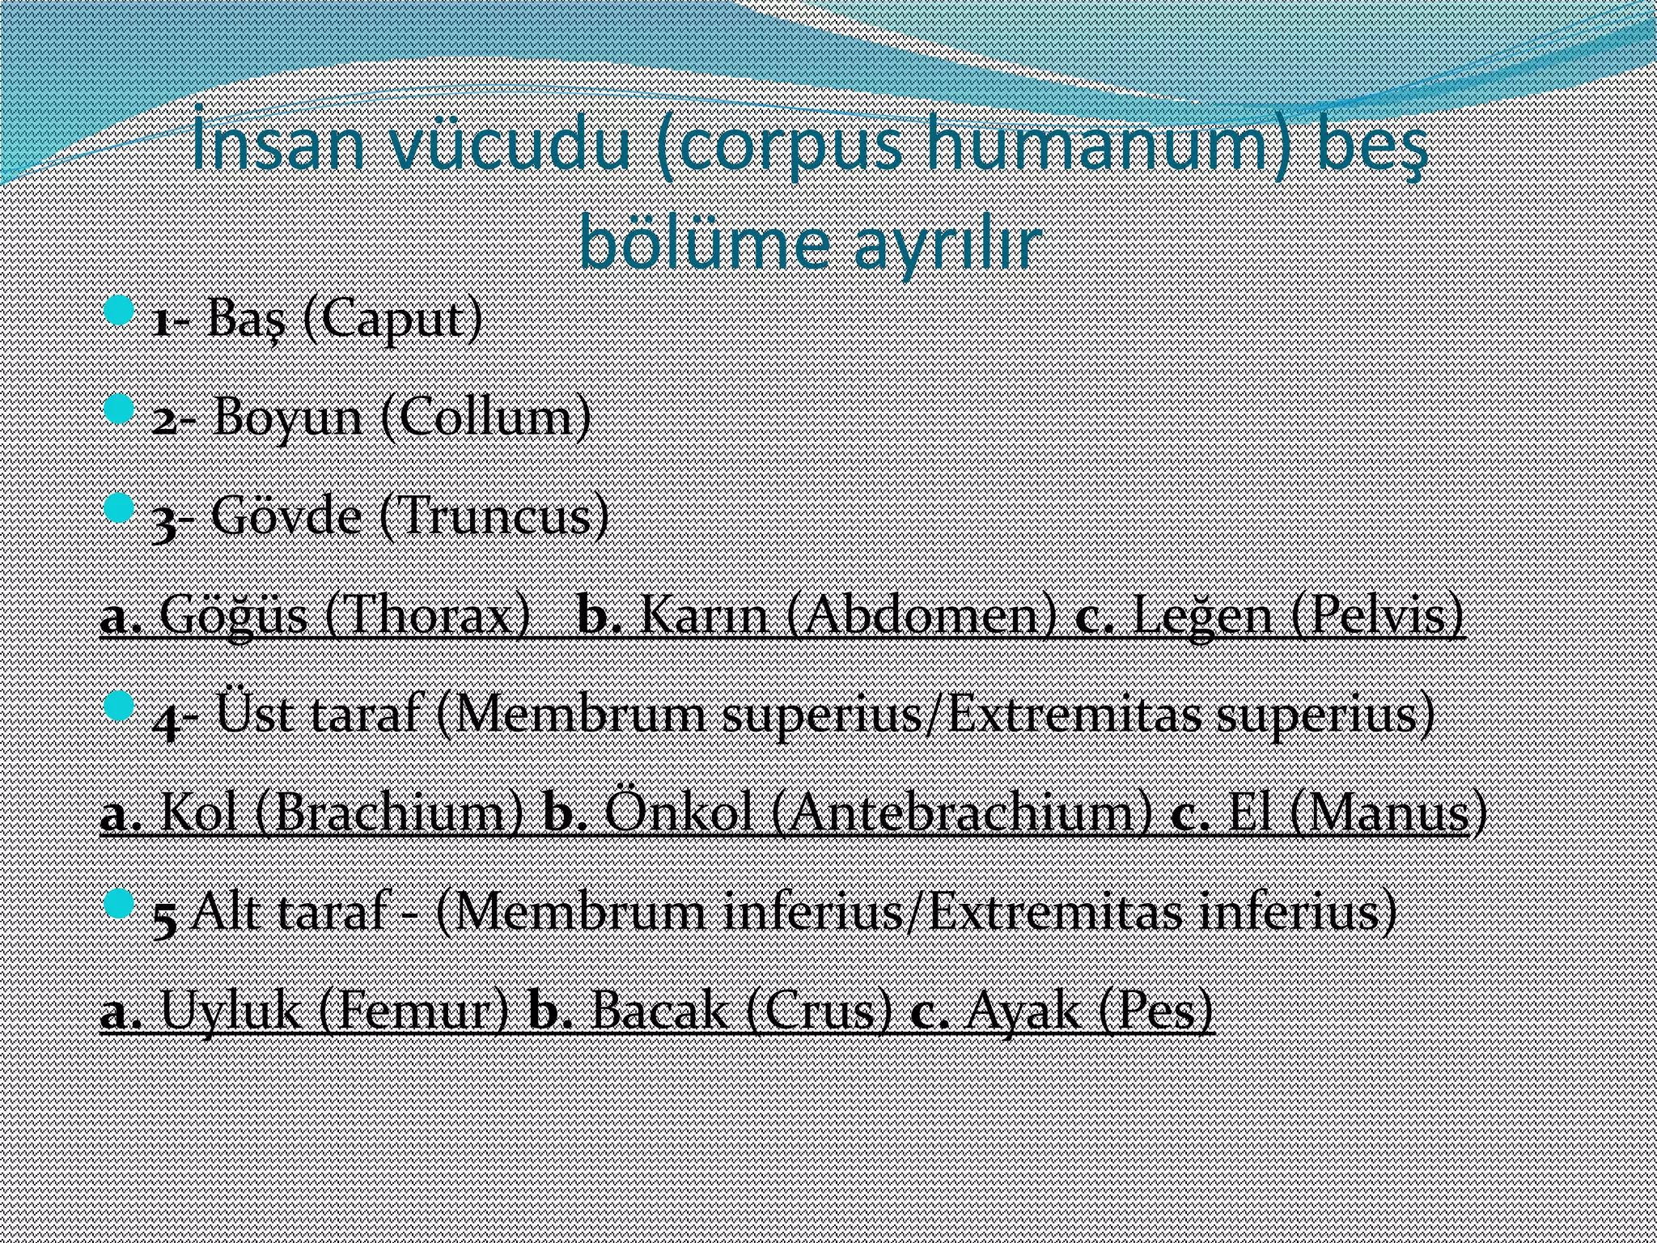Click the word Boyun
point(287,418)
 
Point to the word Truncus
point(494,516)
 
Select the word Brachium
point(388,813)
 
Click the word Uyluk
point(231,1011)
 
